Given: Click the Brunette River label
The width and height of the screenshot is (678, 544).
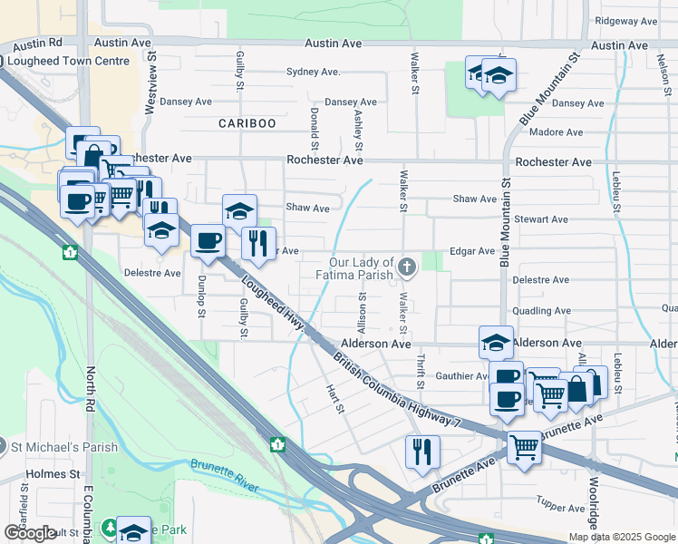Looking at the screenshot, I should [x=225, y=475].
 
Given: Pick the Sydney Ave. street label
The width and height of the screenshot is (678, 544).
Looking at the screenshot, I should [x=313, y=72].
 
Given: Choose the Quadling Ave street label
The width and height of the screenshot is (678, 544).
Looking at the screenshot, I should [x=541, y=311].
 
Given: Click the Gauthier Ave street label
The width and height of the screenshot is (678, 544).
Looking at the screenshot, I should [x=462, y=375].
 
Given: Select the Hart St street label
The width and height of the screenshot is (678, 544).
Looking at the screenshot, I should [x=335, y=397].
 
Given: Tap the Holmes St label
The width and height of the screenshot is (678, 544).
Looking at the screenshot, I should [x=53, y=473].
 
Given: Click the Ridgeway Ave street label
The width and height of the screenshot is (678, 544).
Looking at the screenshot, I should [x=626, y=21].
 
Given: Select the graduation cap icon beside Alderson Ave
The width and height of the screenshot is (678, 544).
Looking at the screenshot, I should [x=496, y=342].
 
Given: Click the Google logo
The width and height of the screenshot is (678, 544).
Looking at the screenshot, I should [x=30, y=532].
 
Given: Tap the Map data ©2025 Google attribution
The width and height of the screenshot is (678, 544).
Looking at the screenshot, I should [x=621, y=537].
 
